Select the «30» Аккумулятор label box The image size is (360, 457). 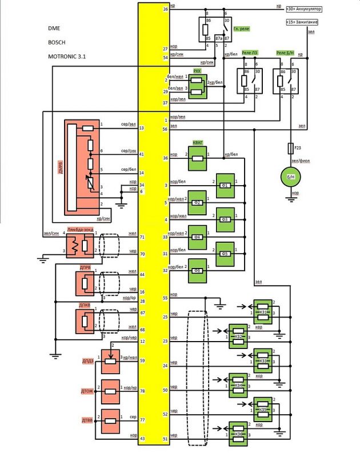tap(304, 10)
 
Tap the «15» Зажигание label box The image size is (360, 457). tap(302, 22)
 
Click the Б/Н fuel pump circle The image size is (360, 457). tap(290, 178)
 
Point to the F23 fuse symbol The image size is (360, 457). tap(290, 149)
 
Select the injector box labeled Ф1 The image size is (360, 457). tap(225, 185)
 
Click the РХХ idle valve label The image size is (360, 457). tap(198, 71)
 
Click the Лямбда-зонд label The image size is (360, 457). tap(80, 228)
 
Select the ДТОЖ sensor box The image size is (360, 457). tap(110, 391)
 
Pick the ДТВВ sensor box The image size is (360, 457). tap(110, 422)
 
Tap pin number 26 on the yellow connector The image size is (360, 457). tap(166, 10)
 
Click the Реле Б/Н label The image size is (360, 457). tap(285, 53)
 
